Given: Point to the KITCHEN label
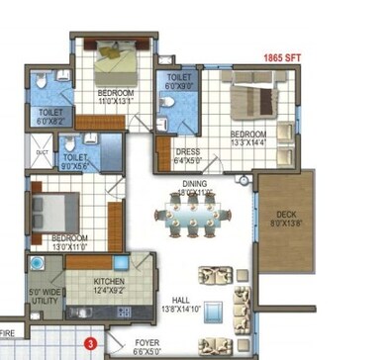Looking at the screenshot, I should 109,282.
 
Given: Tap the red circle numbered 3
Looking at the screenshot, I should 91,344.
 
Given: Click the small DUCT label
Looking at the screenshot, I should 42,152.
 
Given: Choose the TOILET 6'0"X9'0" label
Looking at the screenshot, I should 180,81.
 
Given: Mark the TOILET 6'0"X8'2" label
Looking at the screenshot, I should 50,117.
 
